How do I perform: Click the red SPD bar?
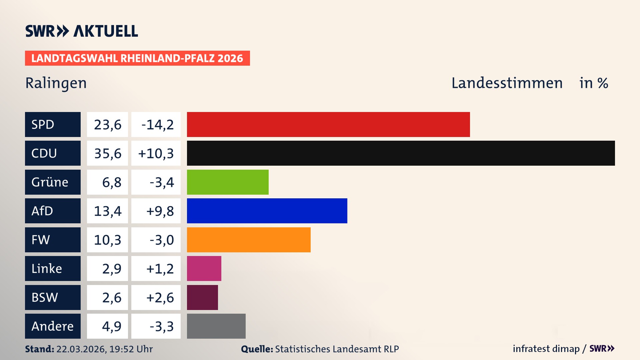pyautogui.click(x=328, y=124)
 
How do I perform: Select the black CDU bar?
pyautogui.click(x=401, y=153)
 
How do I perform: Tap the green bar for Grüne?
pyautogui.click(x=228, y=182)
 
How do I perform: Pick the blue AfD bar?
pyautogui.click(x=267, y=211)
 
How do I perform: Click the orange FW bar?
pyautogui.click(x=249, y=240)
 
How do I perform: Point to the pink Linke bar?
pyautogui.click(x=204, y=268)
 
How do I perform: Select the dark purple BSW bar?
pyautogui.click(x=202, y=297)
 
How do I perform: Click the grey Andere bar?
pyautogui.click(x=216, y=326)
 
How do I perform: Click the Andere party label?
pyautogui.click(x=53, y=326)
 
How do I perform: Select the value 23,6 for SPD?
pyautogui.click(x=107, y=125)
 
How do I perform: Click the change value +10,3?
pyautogui.click(x=156, y=153)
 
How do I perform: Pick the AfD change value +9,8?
pyautogui.click(x=160, y=211)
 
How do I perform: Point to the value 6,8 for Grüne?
pyautogui.click(x=111, y=182)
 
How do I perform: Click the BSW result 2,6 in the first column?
pyautogui.click(x=111, y=298)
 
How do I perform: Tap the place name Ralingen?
pyautogui.click(x=56, y=83)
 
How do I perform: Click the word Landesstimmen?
pyautogui.click(x=507, y=83)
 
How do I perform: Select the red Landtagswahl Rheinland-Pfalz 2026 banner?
pyautogui.click(x=137, y=58)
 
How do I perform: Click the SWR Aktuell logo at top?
pyautogui.click(x=82, y=31)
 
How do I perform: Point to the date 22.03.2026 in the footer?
pyautogui.click(x=81, y=349)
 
